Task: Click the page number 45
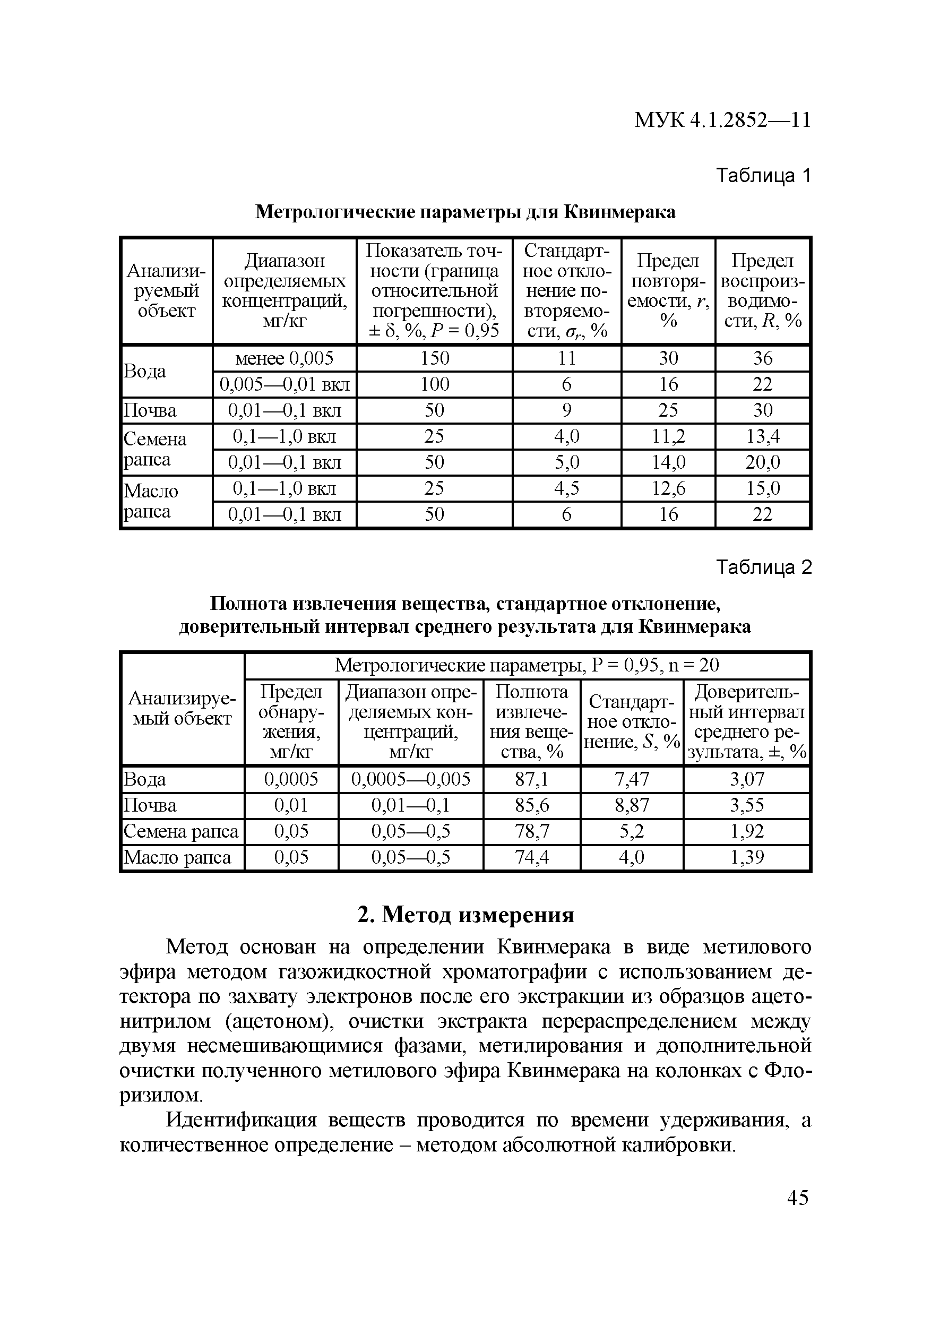[797, 1198]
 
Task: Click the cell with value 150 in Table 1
[434, 358]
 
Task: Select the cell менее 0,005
[284, 358]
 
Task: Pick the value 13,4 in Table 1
[762, 436]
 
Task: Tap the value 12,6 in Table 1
[668, 488]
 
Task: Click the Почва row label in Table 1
[150, 411]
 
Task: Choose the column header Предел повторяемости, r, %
[668, 291]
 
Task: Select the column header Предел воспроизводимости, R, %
[762, 291]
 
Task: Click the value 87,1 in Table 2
[532, 779]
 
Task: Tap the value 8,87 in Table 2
[632, 805]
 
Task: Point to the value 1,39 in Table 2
[747, 857]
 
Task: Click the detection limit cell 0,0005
[291, 779]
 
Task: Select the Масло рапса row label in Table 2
[177, 857]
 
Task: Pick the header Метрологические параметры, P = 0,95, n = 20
[526, 665]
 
